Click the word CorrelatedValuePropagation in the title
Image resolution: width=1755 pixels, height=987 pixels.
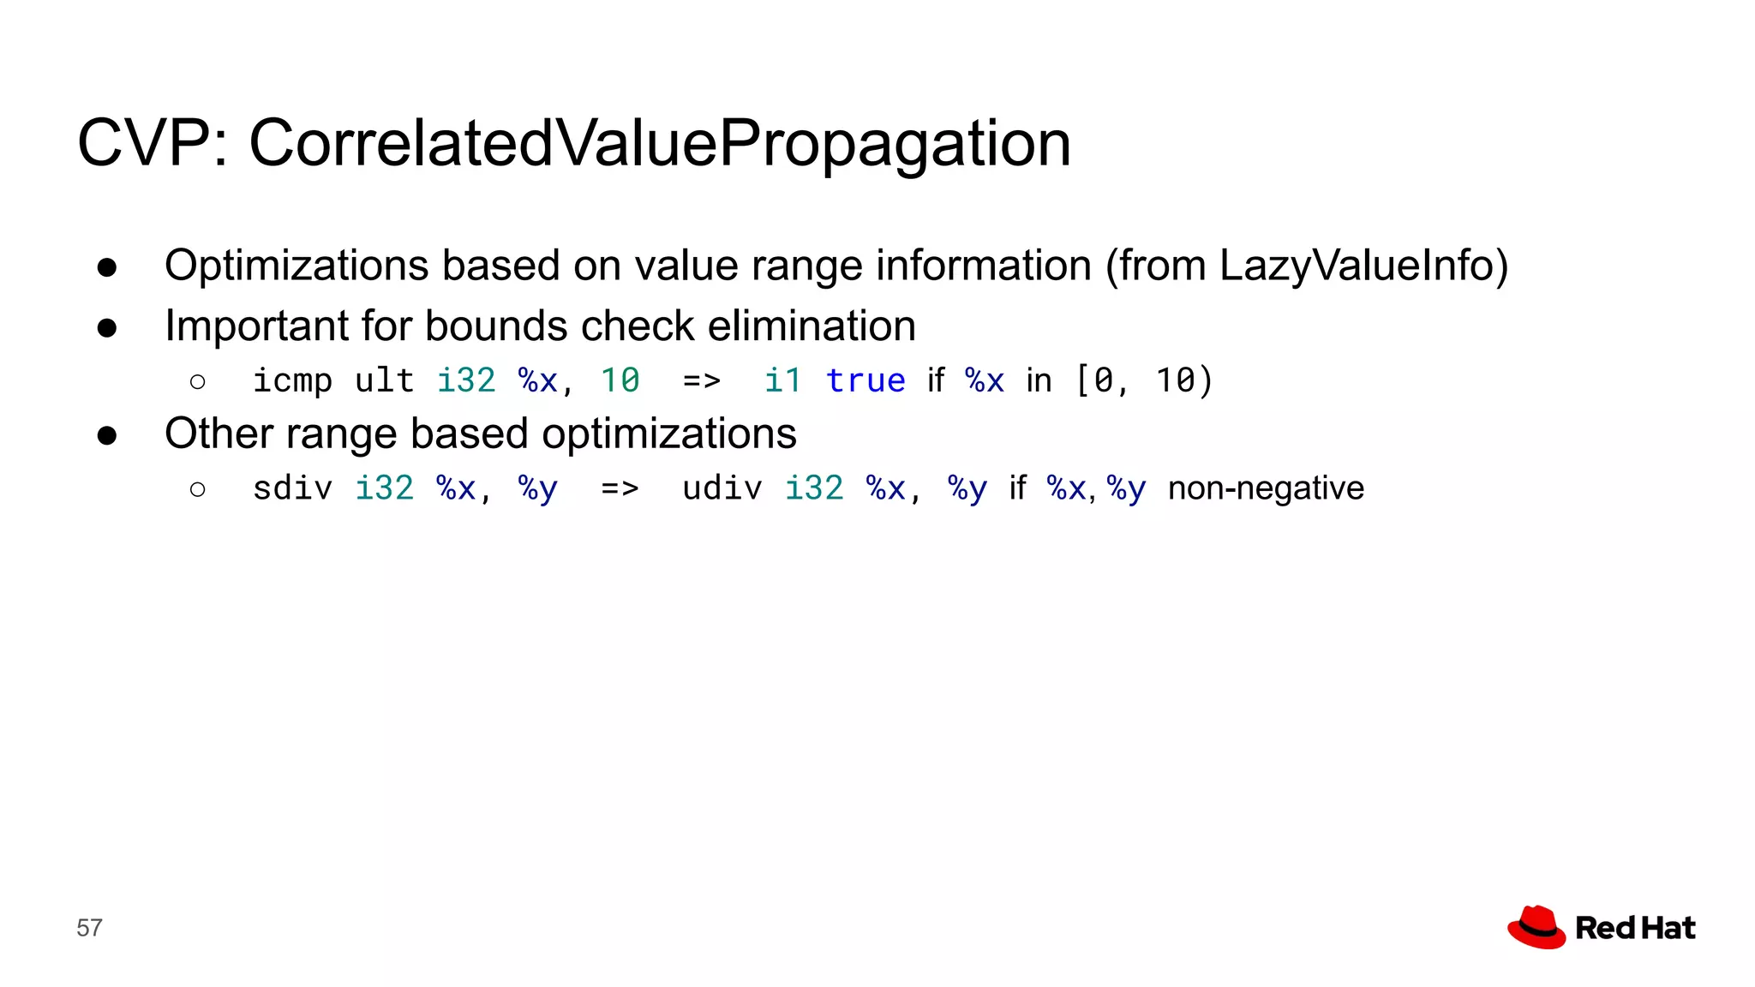[660, 143]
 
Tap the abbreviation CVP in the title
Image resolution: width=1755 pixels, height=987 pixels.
[146, 143]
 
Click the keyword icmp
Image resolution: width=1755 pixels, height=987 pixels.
[292, 380]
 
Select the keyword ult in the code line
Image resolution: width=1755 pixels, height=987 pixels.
[384, 380]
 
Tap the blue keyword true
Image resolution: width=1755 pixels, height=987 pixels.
[866, 380]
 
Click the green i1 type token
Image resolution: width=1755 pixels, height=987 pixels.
[782, 380]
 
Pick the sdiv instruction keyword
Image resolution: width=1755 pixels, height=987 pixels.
[292, 488]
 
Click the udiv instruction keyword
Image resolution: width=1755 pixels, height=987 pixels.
[722, 488]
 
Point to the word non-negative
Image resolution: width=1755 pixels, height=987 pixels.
[1266, 488]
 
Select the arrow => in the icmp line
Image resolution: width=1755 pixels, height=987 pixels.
[702, 380]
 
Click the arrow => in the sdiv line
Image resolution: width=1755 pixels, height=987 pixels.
[620, 488]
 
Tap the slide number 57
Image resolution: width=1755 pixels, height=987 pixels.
[89, 928]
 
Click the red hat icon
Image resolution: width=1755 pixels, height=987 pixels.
[1536, 927]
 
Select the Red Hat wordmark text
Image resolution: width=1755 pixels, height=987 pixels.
[1635, 928]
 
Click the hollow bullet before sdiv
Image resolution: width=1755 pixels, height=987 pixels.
[198, 489]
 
